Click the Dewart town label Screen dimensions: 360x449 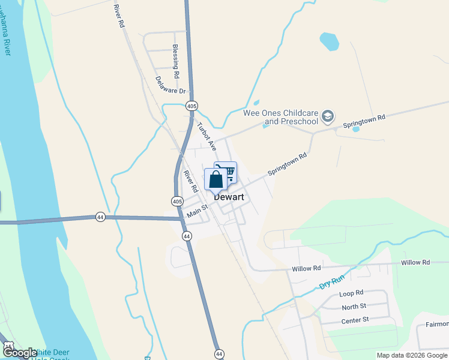228,196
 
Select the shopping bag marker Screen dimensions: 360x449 216,179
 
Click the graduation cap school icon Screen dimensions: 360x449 328,116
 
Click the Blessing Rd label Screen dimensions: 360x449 175,62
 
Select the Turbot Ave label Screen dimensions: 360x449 206,136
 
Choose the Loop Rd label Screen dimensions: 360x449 351,293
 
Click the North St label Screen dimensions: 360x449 354,307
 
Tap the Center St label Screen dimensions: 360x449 354,320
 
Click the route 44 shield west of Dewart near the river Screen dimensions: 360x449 100,217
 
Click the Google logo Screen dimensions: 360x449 19,353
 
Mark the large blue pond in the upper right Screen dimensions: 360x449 329,41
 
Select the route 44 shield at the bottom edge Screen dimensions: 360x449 219,354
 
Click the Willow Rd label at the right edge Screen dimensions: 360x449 415,263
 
